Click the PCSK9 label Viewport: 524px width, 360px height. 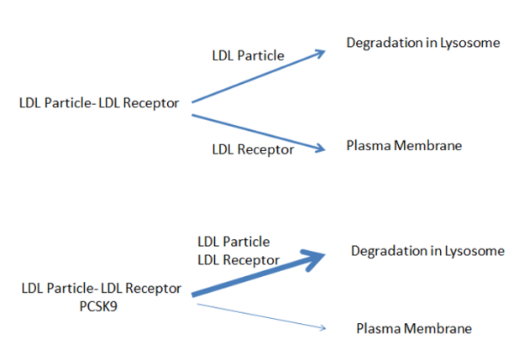click(98, 306)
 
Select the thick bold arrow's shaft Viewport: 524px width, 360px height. click(254, 276)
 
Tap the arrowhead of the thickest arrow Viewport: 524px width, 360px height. click(312, 260)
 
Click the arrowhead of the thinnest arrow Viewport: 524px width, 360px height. click(322, 328)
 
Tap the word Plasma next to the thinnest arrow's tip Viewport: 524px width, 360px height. click(378, 329)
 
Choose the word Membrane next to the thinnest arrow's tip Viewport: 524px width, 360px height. click(438, 329)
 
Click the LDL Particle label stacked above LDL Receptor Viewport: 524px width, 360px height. click(233, 242)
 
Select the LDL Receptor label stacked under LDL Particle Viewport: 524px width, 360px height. click(238, 260)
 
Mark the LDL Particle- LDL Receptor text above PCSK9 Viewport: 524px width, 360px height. click(102, 288)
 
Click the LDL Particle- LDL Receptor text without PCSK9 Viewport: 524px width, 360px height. click(99, 103)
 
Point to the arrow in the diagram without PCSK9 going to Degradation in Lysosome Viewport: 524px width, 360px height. click(259, 76)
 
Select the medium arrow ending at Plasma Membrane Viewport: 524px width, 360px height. click(259, 133)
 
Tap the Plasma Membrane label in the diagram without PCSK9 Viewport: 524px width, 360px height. click(404, 146)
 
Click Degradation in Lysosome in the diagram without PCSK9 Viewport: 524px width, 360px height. click(423, 43)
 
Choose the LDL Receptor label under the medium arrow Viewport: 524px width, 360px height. click(253, 149)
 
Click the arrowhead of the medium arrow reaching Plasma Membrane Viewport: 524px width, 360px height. click(321, 149)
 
